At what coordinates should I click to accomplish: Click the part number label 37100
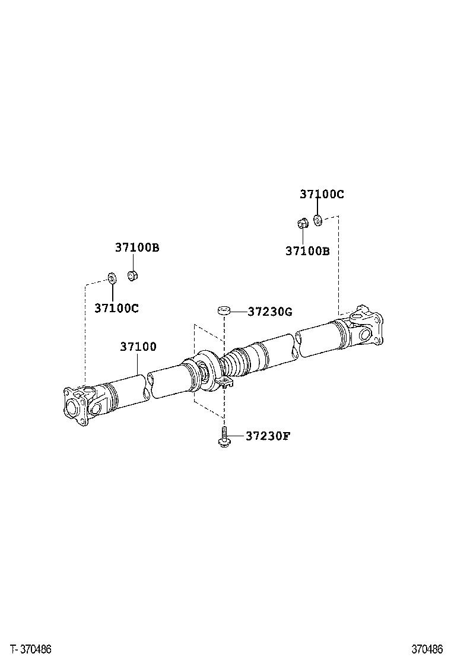tap(138, 347)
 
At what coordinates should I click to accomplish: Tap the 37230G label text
tap(270, 312)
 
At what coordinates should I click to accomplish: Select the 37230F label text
tap(268, 436)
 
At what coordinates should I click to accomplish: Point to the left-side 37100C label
tap(116, 308)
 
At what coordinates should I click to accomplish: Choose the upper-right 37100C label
tap(322, 194)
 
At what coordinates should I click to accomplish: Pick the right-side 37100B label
tap(307, 251)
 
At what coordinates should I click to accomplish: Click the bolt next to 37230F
tap(224, 437)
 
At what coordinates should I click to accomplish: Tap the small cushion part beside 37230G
tap(223, 310)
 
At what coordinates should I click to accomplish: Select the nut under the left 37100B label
tap(134, 275)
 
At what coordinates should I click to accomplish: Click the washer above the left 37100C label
tap(111, 277)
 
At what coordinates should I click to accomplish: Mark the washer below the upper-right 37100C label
tap(317, 221)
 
